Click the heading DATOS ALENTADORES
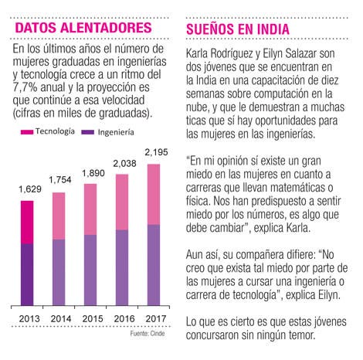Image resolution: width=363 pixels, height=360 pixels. pyautogui.click(x=83, y=28)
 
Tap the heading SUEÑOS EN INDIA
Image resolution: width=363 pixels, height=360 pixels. pyautogui.click(x=238, y=29)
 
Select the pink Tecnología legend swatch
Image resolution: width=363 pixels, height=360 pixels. pyautogui.click(x=27, y=132)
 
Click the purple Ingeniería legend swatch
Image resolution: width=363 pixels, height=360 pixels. pyautogui.click(x=87, y=132)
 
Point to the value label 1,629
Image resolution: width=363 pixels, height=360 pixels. pyautogui.click(x=30, y=189)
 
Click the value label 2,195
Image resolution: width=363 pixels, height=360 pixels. pyautogui.click(x=156, y=152)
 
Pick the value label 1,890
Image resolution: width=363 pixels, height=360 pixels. pyautogui.click(x=93, y=173)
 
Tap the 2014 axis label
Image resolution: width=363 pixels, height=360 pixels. pyautogui.click(x=61, y=319)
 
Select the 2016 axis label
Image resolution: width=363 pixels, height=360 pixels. pyautogui.click(x=124, y=319)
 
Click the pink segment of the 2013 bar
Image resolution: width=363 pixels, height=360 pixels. pyautogui.click(x=27, y=222)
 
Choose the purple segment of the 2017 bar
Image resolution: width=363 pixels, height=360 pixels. pyautogui.click(x=154, y=265)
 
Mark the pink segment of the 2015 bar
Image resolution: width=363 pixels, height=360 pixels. pyautogui.click(x=90, y=209)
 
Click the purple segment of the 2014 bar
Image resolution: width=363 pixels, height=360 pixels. pyautogui.click(x=59, y=273)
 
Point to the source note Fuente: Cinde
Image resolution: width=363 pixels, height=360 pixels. pyautogui.click(x=148, y=334)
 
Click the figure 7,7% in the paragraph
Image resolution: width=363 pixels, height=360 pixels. pyautogui.click(x=25, y=87)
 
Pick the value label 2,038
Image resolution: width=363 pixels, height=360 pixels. pyautogui.click(x=124, y=164)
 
